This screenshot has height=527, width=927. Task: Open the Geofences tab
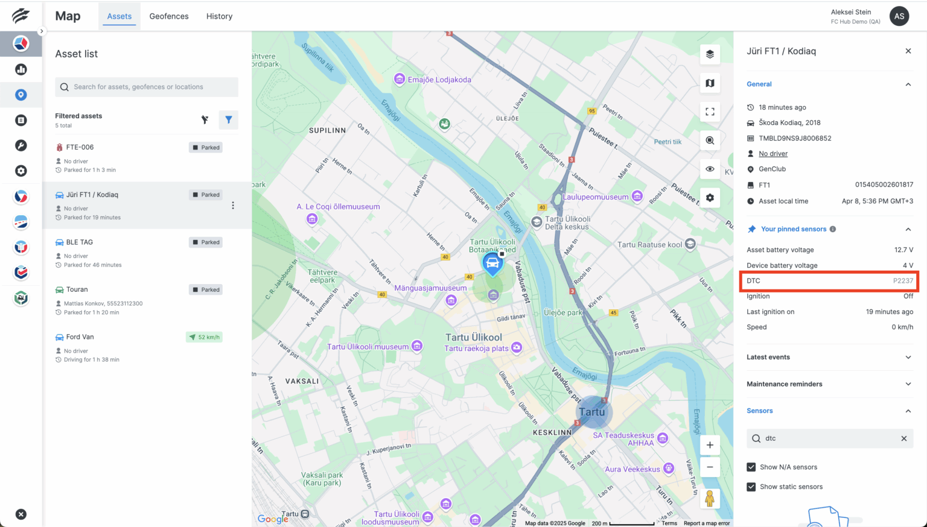(x=169, y=16)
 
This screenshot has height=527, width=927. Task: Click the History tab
(x=219, y=16)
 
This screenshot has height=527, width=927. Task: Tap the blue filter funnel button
(x=229, y=120)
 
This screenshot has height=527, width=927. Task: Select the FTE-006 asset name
(x=80, y=147)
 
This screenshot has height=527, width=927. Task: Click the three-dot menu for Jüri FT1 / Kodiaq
(x=233, y=206)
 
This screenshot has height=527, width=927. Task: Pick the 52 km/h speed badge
(x=204, y=337)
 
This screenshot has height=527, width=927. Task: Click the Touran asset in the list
(x=77, y=289)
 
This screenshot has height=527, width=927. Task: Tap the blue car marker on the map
(x=492, y=263)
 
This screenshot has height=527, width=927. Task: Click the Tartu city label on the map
(x=591, y=412)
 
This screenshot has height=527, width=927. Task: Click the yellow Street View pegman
(x=710, y=499)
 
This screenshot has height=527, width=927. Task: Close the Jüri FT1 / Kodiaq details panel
(x=908, y=51)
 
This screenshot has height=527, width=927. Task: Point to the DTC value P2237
(x=903, y=281)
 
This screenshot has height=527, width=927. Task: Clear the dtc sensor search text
(x=904, y=438)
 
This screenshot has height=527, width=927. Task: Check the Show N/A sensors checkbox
(x=751, y=467)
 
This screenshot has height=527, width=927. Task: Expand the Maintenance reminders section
(x=829, y=384)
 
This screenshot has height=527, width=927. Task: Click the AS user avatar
(x=899, y=16)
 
